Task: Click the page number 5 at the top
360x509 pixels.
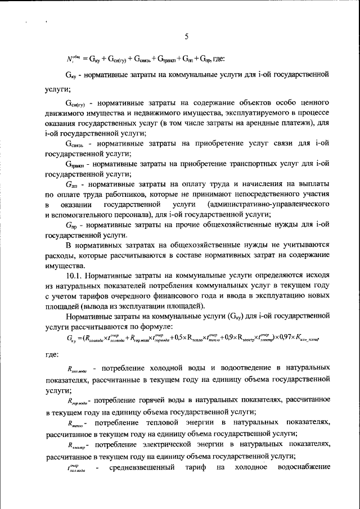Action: click(186, 37)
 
